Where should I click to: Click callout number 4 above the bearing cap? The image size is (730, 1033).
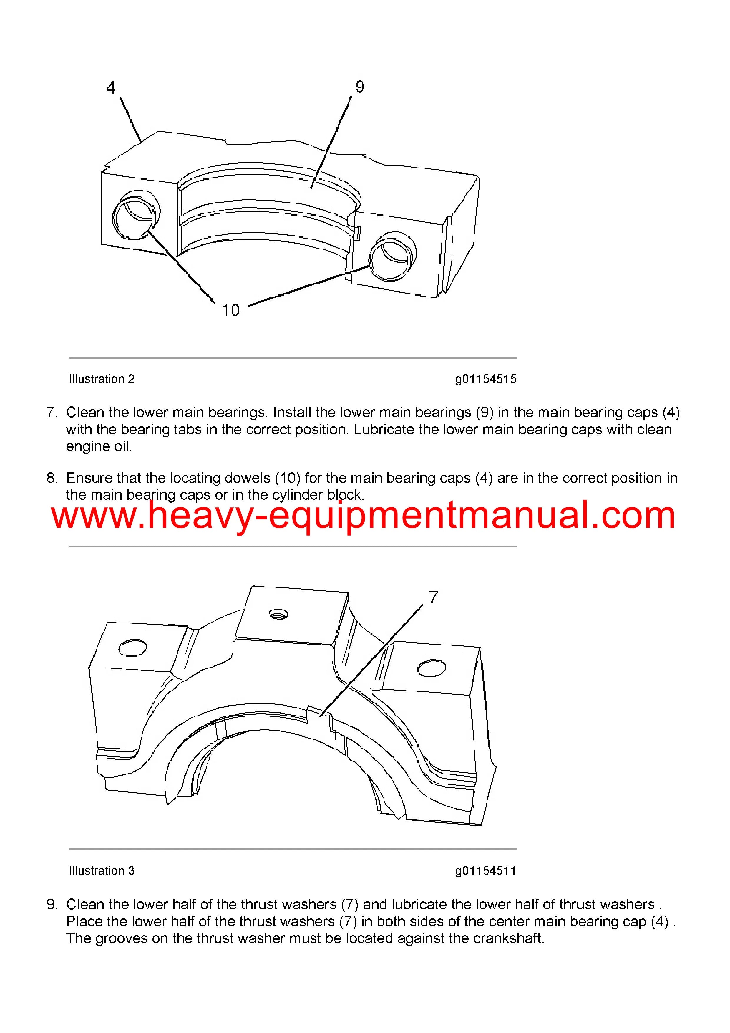111,88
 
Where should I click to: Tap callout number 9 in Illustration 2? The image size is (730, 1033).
359,86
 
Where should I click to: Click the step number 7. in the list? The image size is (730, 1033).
52,412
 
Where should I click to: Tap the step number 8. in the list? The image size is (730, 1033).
52,478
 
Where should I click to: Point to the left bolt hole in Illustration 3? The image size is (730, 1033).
133,648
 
